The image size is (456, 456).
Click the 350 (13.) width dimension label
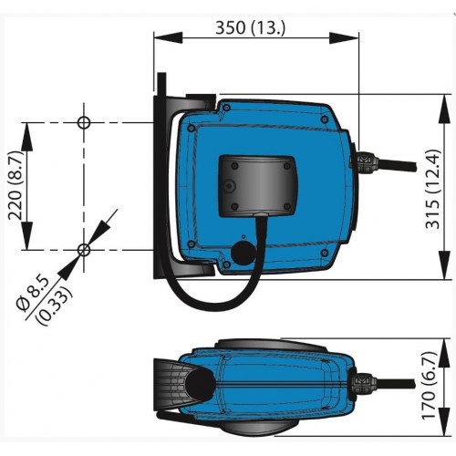(x=251, y=28)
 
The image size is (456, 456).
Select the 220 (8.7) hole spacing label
(x=16, y=185)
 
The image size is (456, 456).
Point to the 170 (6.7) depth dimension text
(x=430, y=386)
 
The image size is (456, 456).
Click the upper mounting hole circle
(x=84, y=123)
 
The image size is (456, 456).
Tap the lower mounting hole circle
(x=84, y=250)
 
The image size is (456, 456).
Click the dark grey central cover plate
(x=257, y=186)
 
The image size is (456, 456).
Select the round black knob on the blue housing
(x=244, y=254)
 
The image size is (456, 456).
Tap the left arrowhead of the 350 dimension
(x=168, y=38)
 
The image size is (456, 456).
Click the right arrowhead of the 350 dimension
(x=345, y=38)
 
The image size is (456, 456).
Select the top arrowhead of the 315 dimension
(x=446, y=109)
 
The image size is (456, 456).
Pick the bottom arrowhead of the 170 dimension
(x=446, y=421)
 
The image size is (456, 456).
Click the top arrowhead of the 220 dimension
(x=26, y=137)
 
